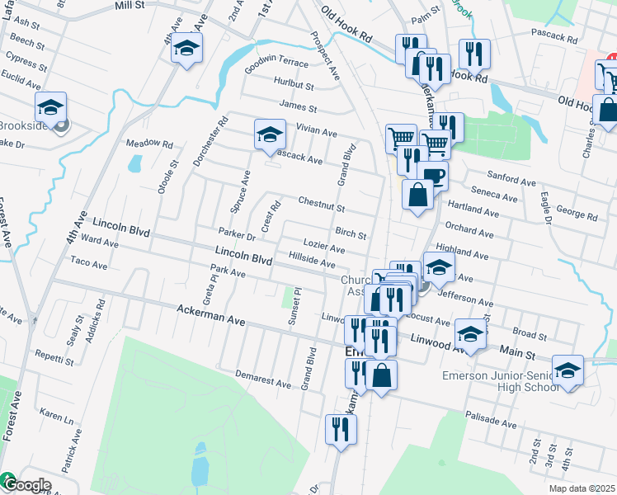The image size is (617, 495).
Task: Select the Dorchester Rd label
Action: (x=210, y=141)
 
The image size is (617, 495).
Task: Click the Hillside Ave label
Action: (x=312, y=261)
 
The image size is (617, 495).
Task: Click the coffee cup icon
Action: (x=432, y=176)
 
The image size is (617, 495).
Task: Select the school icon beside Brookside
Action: (x=50, y=107)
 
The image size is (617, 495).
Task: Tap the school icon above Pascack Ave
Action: (x=269, y=134)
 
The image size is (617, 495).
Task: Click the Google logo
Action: (x=26, y=485)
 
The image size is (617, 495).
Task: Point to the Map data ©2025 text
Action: (x=581, y=488)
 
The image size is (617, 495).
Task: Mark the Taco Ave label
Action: (x=89, y=264)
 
